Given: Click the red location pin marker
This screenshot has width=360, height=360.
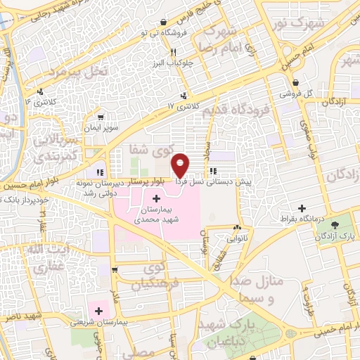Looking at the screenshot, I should click(181, 165).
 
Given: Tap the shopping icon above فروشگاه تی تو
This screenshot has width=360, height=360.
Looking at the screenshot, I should click(164, 22).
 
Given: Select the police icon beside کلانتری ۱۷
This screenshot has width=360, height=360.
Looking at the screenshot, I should click(184, 96).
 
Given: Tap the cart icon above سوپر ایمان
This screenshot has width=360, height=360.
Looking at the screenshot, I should click(103, 117).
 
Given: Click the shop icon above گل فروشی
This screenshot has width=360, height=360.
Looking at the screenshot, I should click(295, 82).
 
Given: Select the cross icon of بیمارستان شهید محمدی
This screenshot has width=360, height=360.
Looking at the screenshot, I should click(155, 199).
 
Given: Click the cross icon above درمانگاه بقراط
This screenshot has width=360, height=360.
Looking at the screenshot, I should click(302, 209).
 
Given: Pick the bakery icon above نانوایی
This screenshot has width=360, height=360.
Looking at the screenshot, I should click(236, 228).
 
